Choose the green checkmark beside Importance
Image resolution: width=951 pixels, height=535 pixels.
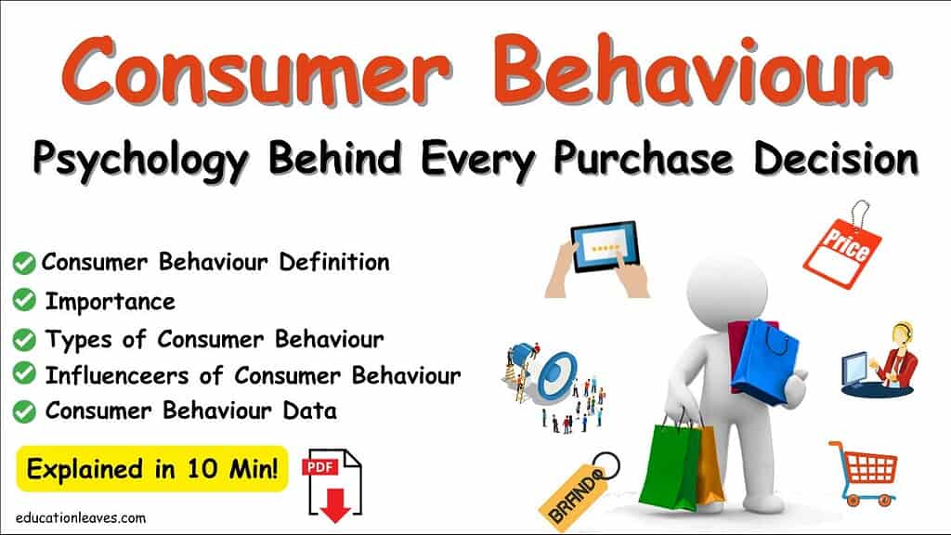[x=25, y=301]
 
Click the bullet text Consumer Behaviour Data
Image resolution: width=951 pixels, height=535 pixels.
[x=190, y=410]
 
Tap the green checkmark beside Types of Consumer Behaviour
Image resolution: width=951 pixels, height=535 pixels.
[x=25, y=338]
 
